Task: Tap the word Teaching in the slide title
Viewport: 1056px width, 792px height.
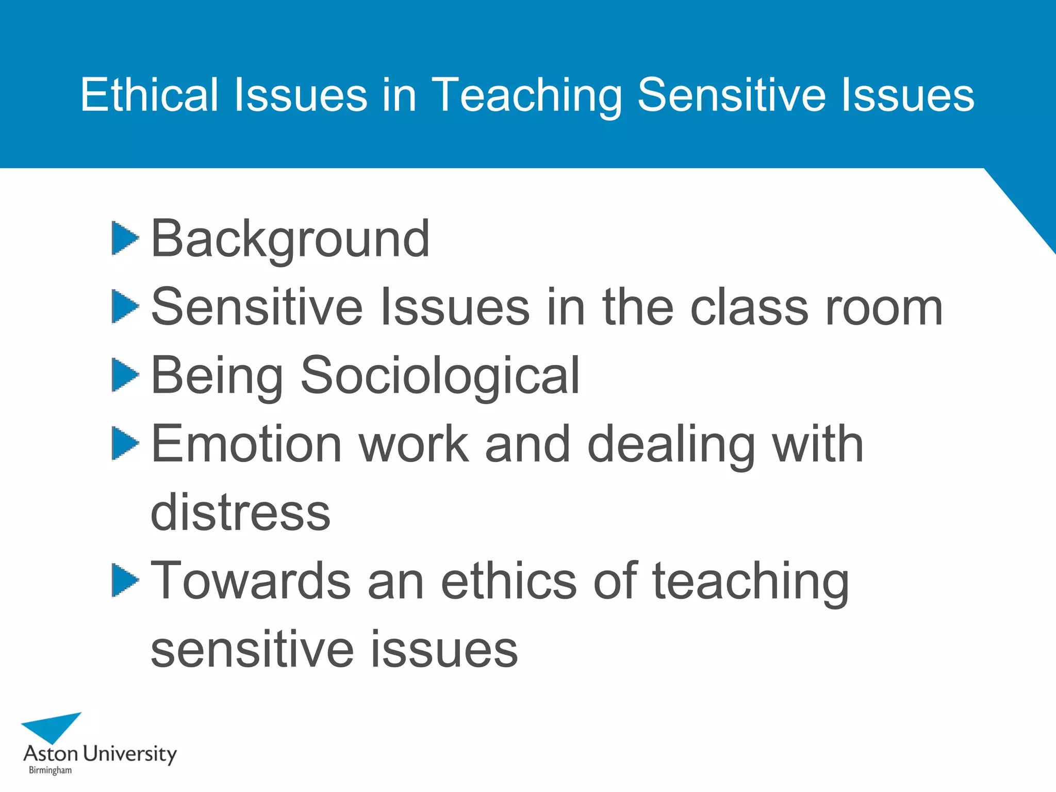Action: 526,95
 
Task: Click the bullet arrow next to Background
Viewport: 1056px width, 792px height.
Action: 124,238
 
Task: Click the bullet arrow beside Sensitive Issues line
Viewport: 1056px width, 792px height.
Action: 124,306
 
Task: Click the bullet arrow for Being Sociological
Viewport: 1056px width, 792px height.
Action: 124,375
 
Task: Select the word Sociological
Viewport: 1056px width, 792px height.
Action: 440,376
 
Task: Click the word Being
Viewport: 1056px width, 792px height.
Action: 217,376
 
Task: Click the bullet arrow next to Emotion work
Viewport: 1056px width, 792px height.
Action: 124,443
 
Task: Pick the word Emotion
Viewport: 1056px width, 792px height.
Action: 246,444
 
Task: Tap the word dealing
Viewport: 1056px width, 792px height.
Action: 671,445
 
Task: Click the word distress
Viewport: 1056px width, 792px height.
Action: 240,513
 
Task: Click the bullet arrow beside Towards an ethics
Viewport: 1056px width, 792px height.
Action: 124,580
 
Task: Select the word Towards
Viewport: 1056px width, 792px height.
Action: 251,581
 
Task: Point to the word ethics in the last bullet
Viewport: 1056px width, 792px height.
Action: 508,581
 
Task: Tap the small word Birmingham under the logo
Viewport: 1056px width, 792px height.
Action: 50,770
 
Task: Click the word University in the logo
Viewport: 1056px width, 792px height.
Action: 129,754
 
